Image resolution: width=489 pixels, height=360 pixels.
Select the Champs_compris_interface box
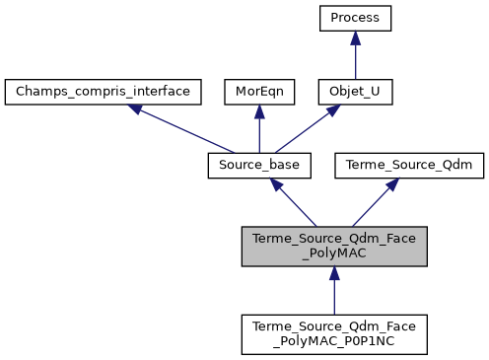click(x=104, y=92)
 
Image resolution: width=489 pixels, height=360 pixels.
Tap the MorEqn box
click(x=258, y=92)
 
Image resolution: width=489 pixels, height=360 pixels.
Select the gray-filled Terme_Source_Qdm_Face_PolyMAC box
click(x=334, y=246)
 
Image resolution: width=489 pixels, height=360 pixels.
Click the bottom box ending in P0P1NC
click(x=334, y=334)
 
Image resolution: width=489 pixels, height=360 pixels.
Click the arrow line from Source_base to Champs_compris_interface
click(x=183, y=130)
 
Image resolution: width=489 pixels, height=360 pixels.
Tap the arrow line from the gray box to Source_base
click(x=296, y=205)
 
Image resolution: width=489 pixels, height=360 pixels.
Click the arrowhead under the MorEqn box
click(x=258, y=111)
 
